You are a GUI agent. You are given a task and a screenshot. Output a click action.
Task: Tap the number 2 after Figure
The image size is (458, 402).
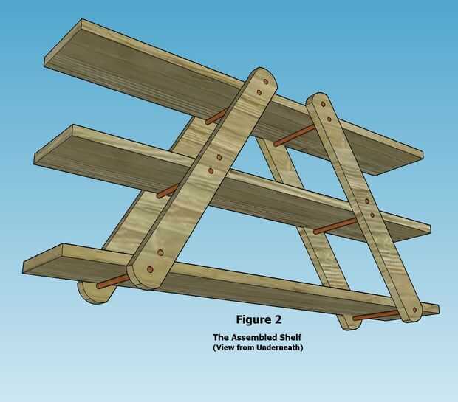click(x=277, y=320)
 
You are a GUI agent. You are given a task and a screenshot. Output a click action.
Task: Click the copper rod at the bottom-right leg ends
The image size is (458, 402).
click(x=376, y=315)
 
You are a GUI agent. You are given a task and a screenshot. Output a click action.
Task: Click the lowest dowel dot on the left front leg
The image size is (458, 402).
click(x=151, y=270)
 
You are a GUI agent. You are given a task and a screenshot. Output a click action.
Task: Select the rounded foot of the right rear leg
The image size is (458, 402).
click(x=348, y=322)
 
